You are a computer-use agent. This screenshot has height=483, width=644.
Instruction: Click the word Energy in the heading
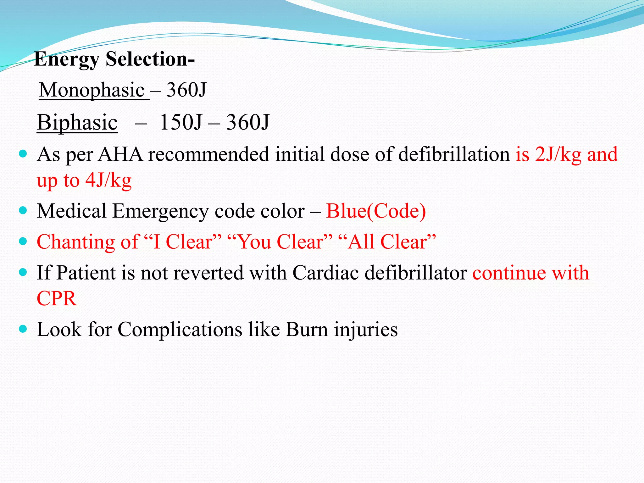coord(67,59)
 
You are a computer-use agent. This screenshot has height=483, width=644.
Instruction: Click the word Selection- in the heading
coord(150,59)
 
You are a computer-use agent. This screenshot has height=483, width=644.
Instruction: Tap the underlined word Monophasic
coord(92,90)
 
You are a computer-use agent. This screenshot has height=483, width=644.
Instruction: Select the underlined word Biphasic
coord(77,122)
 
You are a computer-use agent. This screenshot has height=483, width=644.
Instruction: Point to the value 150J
coord(180,122)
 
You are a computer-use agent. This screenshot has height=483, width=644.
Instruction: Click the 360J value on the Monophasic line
coord(186,90)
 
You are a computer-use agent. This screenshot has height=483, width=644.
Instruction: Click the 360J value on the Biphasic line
coord(248,122)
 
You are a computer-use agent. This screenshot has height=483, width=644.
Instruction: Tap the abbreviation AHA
coord(120,154)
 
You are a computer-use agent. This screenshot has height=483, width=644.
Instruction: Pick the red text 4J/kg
coord(108,180)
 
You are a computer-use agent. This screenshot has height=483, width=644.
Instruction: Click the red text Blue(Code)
coord(376,211)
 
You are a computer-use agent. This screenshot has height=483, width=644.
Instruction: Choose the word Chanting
coord(76,242)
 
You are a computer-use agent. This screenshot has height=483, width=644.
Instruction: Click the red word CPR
coord(57,298)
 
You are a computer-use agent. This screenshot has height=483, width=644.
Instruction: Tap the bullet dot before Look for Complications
coord(23,329)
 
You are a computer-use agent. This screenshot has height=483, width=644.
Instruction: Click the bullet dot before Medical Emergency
coord(23,210)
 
